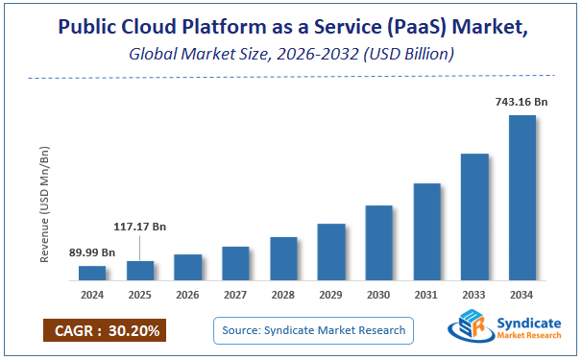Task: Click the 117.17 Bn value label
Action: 139,227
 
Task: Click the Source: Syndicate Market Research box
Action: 312,331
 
